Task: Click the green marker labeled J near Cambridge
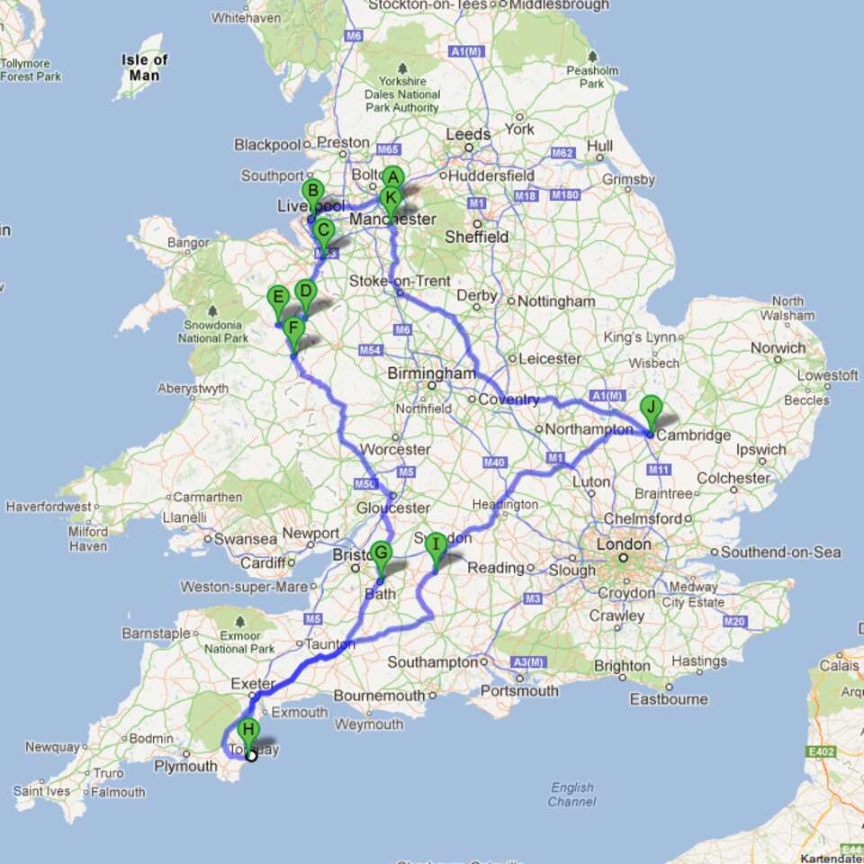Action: point(651,408)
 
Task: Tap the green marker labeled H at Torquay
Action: point(249,730)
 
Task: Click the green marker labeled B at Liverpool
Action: point(312,192)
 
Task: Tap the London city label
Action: point(624,544)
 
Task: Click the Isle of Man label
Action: point(145,67)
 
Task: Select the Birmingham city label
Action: point(431,373)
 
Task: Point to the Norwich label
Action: point(778,347)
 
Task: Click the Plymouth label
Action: point(184,766)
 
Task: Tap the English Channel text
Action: point(571,794)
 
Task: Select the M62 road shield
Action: point(562,153)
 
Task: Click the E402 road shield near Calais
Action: point(821,752)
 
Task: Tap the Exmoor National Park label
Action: point(238,641)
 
